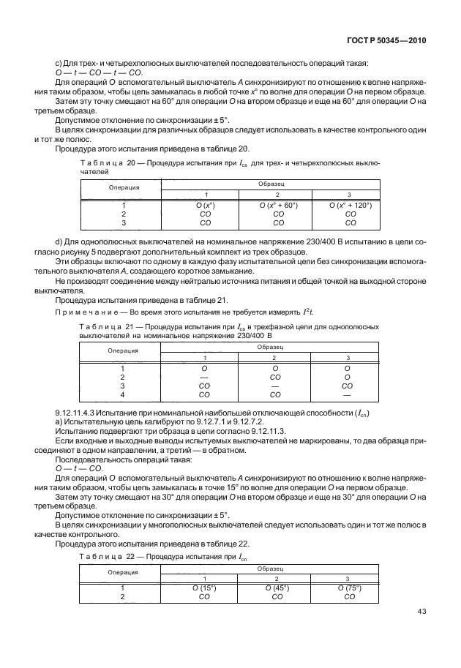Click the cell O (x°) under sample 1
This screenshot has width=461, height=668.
click(x=204, y=206)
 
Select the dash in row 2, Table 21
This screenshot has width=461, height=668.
click(x=204, y=377)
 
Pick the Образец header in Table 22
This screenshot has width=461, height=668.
click(x=276, y=568)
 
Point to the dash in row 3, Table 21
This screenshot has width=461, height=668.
click(x=277, y=386)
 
